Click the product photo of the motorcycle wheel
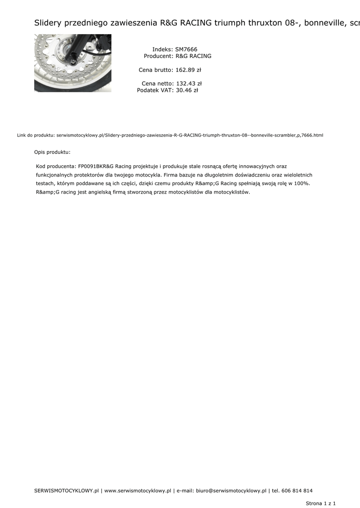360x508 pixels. coord(72,63)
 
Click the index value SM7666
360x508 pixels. coord(186,50)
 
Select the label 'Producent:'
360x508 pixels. coord(158,56)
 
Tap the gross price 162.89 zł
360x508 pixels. coord(188,70)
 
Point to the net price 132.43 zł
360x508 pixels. coord(189,84)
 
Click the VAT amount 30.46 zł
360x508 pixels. coord(187,90)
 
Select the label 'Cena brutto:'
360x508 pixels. coord(155,70)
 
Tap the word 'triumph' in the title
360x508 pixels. coord(230,23)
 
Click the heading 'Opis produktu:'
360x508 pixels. coord(52,152)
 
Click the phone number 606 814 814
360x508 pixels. coord(297,491)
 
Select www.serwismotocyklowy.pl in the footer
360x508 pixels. coord(138,491)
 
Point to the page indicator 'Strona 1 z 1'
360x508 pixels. coord(321,503)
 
